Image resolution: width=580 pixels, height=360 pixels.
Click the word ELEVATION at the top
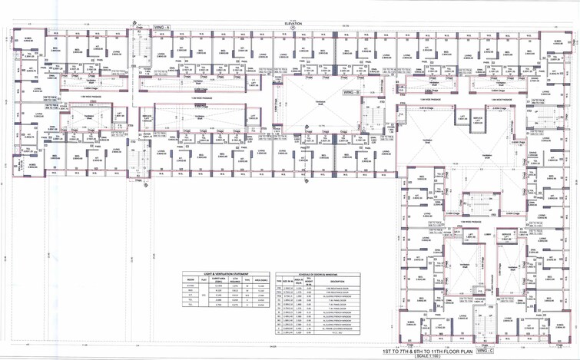click(x=293, y=24)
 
